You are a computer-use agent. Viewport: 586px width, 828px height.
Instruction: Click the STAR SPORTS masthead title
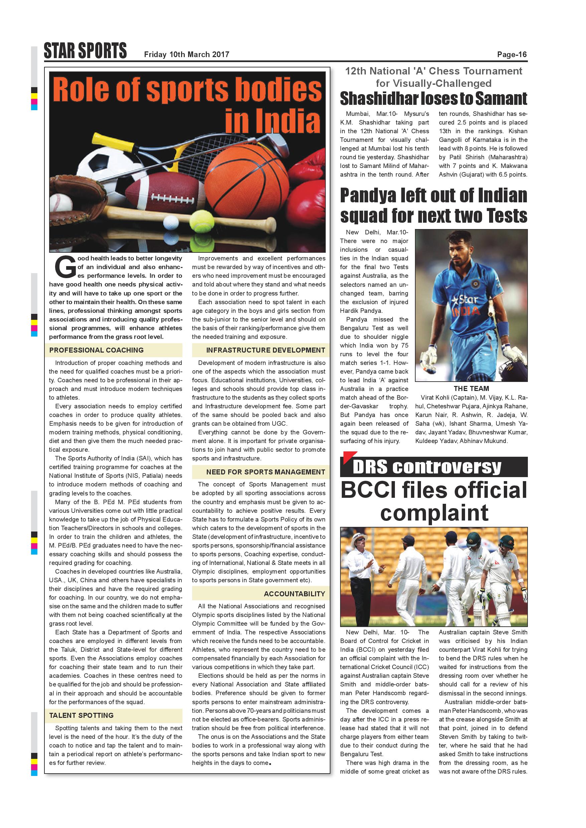(85, 51)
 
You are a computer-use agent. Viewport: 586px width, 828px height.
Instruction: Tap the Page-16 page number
(512, 54)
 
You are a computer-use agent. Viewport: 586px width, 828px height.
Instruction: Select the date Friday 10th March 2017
(186, 54)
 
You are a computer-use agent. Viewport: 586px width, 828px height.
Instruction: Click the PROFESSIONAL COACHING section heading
(96, 350)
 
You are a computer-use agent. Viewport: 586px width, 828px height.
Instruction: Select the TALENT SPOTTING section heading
(81, 715)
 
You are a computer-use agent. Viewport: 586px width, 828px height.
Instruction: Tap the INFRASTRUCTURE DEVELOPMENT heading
(266, 350)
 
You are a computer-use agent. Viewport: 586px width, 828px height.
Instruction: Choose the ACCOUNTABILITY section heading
(294, 594)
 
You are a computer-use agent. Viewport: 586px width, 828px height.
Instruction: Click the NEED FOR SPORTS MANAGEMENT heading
(266, 472)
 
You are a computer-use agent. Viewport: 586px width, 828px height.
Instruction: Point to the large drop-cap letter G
(65, 267)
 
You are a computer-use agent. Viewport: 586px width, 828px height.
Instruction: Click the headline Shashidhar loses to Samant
(433, 98)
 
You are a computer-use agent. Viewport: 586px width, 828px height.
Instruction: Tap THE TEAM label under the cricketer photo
(471, 388)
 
